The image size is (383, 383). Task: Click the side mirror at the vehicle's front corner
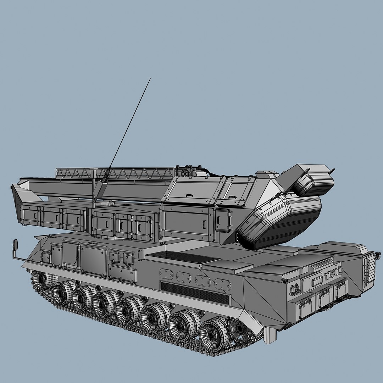15,244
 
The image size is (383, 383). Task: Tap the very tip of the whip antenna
150,78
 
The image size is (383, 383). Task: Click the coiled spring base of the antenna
105,177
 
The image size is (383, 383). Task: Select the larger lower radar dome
280,220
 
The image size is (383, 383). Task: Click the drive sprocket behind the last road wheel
240,329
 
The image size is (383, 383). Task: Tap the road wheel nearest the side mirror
42,280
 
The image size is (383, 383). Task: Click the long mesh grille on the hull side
195,293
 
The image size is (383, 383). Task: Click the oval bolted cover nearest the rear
223,284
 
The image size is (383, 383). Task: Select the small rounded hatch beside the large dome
223,220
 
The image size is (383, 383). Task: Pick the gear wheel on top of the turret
185,172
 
